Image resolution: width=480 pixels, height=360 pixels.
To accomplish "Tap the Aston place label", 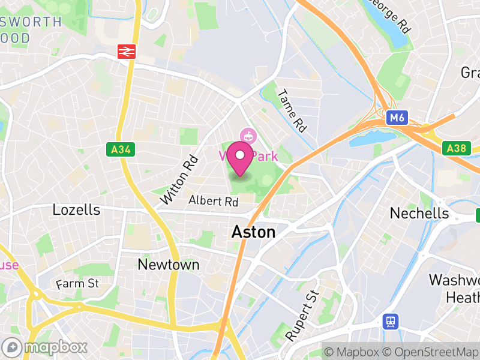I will point(253,232).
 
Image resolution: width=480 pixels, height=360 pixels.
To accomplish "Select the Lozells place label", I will point(76,210).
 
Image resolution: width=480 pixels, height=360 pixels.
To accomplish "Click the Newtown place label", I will point(160,265).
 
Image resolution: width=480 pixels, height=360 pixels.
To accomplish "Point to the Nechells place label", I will point(419,213).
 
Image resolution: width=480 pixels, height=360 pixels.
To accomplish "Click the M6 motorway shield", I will point(395,118).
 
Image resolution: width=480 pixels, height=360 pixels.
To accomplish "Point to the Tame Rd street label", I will point(292,111).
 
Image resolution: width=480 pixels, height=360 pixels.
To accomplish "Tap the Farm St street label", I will point(77,283).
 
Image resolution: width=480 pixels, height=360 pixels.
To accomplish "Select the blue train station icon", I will point(391,322).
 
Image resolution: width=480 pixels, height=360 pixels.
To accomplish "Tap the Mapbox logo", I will point(45,347).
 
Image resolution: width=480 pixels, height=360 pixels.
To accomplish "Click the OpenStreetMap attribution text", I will point(431,351).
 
